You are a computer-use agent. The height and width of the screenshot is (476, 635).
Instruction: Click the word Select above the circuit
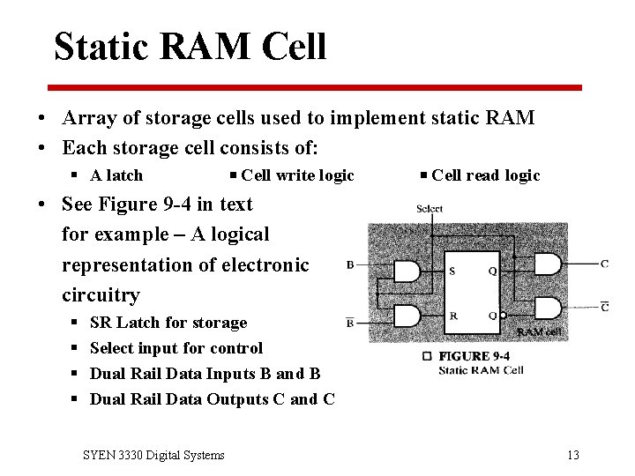[430, 209]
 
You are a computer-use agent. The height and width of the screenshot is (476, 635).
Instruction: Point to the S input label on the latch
[452, 271]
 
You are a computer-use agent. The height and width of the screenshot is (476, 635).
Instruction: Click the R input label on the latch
[452, 315]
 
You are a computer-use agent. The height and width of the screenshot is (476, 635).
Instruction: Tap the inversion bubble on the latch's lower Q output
[503, 316]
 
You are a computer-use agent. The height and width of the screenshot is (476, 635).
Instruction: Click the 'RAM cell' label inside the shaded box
[539, 331]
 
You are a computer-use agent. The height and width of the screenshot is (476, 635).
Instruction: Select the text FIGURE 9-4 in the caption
[474, 356]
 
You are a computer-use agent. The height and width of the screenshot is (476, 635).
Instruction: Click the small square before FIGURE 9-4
[427, 356]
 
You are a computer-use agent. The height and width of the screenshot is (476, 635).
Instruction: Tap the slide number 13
[573, 455]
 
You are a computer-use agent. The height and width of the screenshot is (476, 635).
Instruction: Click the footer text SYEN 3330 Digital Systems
[153, 455]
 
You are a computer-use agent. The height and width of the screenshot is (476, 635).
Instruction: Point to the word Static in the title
[99, 47]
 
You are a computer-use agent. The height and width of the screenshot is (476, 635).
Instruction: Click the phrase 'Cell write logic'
[297, 175]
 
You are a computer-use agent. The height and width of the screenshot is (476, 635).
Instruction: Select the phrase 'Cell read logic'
[486, 175]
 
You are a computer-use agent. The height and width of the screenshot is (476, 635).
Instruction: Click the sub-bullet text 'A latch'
[116, 175]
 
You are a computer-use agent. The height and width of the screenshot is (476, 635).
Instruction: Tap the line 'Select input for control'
[176, 348]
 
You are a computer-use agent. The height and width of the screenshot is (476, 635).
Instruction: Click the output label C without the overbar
[604, 264]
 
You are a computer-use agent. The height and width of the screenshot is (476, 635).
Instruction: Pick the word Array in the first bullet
[86, 118]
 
